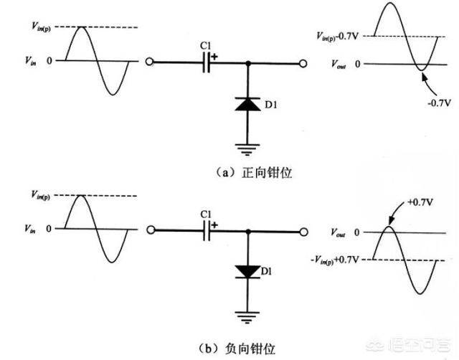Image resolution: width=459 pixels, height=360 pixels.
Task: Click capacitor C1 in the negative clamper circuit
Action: [207, 231]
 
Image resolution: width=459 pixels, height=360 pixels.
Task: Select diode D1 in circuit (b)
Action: [247, 271]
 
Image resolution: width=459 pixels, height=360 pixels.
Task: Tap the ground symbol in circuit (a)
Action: [247, 149]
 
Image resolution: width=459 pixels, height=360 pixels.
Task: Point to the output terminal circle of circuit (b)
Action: [304, 231]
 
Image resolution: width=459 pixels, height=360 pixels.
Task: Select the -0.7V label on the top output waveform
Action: [438, 103]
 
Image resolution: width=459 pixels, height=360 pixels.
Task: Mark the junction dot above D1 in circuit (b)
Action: [247, 231]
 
